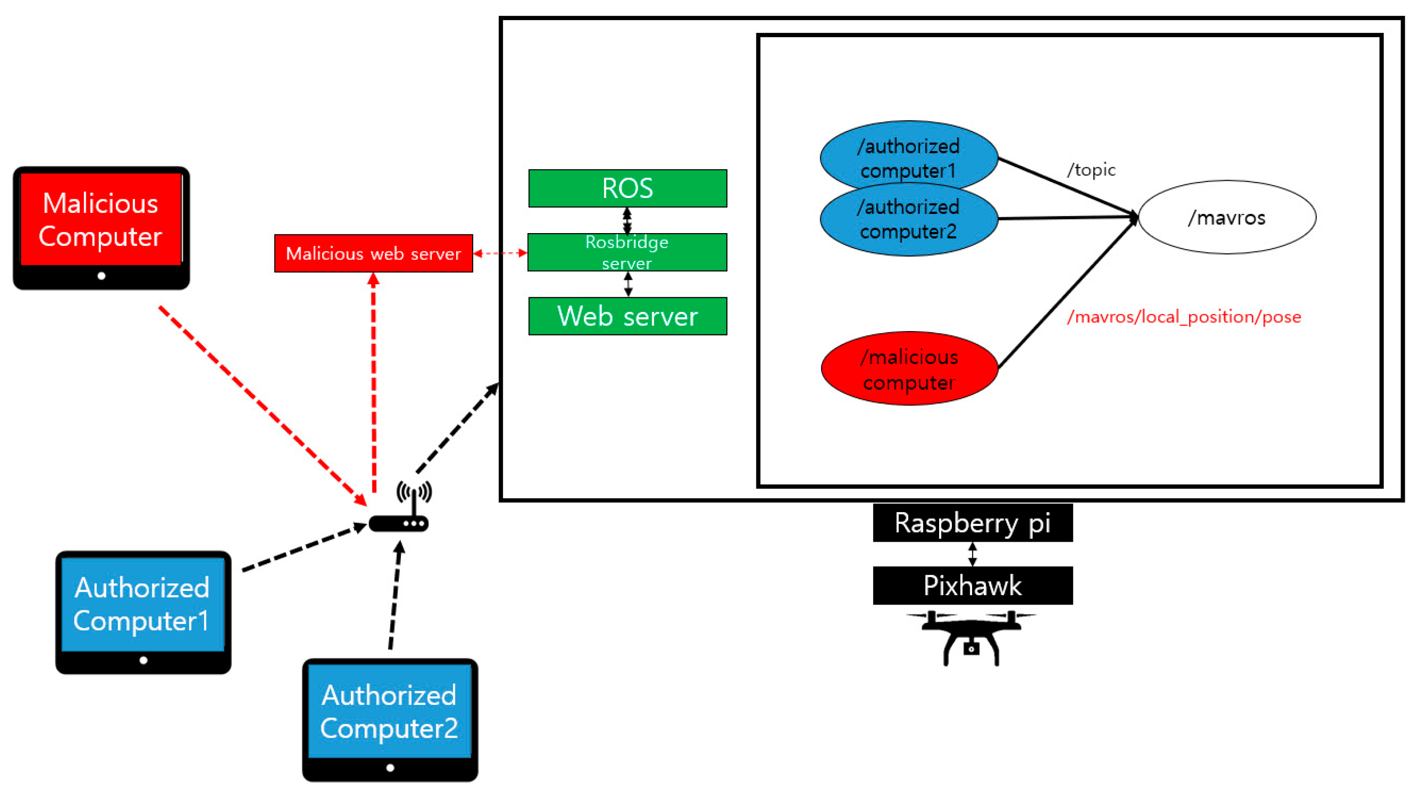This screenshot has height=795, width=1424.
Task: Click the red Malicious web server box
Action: tap(373, 253)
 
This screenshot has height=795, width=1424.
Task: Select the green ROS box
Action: tap(627, 189)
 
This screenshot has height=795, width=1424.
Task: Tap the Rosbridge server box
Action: tap(627, 252)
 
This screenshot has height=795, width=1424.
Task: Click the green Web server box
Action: tap(627, 316)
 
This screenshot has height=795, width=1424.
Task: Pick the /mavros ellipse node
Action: tap(1227, 217)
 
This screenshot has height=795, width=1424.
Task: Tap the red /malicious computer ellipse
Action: tap(909, 369)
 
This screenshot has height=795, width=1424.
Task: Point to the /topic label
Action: tap(1091, 170)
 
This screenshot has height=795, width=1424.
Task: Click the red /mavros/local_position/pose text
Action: tap(1183, 317)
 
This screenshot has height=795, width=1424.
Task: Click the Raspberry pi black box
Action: tap(972, 522)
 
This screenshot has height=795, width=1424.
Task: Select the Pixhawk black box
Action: tap(972, 585)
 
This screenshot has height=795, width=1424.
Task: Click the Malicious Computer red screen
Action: tap(101, 220)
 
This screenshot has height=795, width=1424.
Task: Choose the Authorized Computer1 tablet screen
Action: tap(143, 604)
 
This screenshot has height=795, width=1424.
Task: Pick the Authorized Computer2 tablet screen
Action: tap(389, 712)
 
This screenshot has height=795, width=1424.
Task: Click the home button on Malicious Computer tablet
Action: tap(101, 276)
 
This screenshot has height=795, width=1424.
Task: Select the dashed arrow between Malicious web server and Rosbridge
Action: tap(500, 253)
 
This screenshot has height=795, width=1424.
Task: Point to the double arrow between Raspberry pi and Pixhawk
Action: tap(972, 554)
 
